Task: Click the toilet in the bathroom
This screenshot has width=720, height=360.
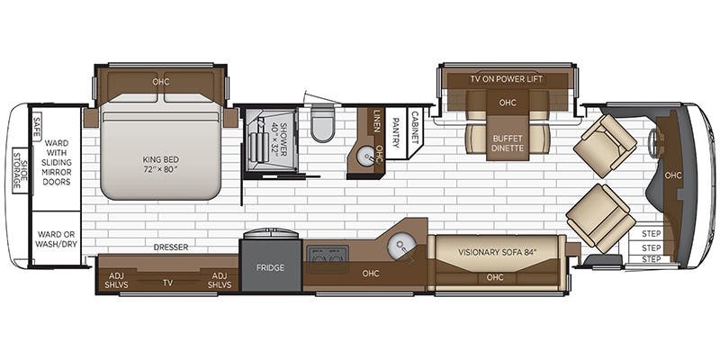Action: coord(323,122)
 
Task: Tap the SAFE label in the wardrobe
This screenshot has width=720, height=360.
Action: coord(37,126)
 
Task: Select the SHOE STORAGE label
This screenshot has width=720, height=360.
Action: coord(19,170)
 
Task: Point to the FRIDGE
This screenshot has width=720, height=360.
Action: coord(271,267)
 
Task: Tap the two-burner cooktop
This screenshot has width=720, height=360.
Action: coord(328,255)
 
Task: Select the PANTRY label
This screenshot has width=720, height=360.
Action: coord(395,132)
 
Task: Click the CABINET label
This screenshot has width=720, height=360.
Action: coord(415,127)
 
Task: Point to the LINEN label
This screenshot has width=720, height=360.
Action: coord(377,121)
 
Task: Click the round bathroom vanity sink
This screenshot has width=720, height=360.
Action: coord(365,157)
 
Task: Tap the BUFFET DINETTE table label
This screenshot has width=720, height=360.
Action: coord(508,143)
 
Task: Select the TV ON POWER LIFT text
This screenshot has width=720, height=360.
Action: coord(507,79)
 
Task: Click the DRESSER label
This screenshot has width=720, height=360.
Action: coord(171,247)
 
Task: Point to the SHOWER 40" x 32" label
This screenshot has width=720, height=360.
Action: coord(279,139)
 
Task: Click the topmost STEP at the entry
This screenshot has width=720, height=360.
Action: coord(651,234)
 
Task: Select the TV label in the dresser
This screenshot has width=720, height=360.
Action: coord(167,283)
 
